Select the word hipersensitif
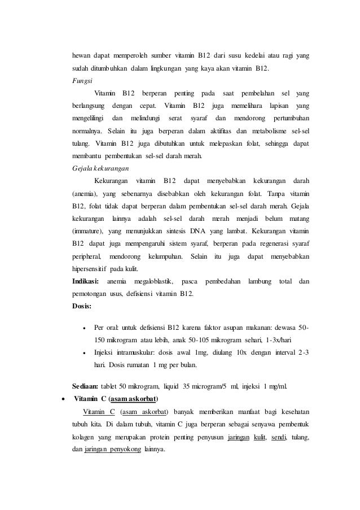pyautogui.click(x=90, y=268)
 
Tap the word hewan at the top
pyautogui.click(x=82, y=56)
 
